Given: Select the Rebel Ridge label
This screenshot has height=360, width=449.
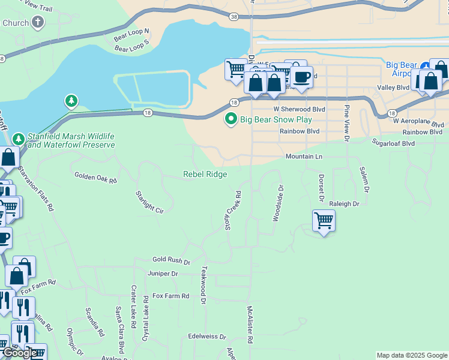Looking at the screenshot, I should coord(205,174).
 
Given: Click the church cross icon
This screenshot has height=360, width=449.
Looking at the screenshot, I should coord(38,23).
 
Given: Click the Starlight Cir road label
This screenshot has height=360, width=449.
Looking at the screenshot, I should coord(149,202).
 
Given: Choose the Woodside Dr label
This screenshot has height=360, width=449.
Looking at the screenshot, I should coord(277,203).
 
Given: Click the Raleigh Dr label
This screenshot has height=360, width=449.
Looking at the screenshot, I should coord(344,204).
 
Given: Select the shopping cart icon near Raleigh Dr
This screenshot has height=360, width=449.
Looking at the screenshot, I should coord(324,220).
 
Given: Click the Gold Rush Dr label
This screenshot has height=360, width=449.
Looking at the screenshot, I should coord(171,261).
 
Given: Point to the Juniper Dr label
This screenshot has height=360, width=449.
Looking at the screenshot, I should coord(163,274).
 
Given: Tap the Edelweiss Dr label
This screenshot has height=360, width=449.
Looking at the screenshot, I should coord(206,337).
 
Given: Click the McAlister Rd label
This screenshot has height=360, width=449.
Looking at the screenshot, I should coord(250,324).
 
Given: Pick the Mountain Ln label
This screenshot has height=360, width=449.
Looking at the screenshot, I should coord(304,157).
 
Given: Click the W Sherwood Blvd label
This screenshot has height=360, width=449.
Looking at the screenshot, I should coord(299,110).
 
